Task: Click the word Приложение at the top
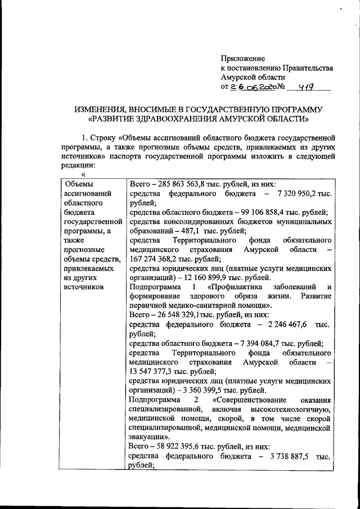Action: pyautogui.click(x=242, y=58)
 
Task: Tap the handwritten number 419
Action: pyautogui.click(x=307, y=87)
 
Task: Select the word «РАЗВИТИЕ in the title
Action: pyautogui.click(x=118, y=119)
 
